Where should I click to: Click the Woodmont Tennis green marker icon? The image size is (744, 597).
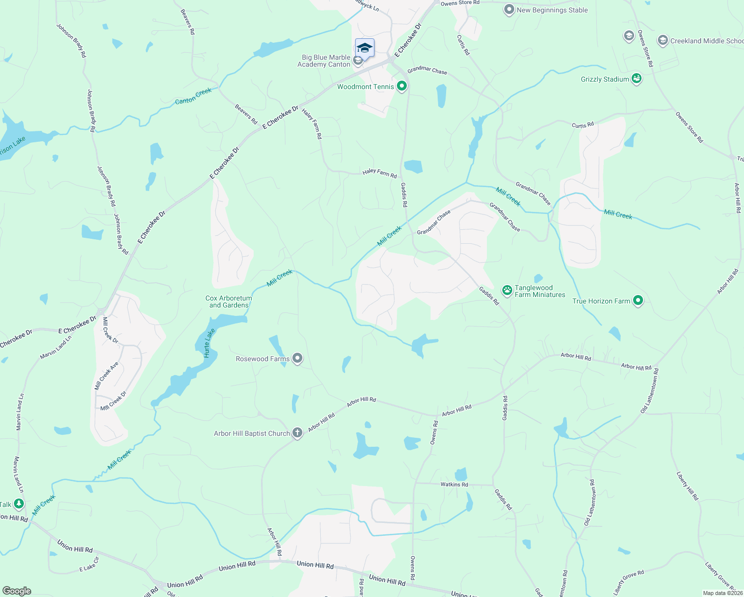tap(402, 87)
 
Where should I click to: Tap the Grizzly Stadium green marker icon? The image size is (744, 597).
tap(636, 79)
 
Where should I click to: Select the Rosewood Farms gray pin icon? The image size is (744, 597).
tap(297, 358)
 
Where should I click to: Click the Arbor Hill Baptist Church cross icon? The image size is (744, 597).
tap(297, 433)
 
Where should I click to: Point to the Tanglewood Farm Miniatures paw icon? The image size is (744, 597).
tap(507, 291)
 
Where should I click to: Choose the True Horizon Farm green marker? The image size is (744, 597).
tap(638, 300)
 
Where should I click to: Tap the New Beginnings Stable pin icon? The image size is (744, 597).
tap(509, 10)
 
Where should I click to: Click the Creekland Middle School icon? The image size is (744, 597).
tap(662, 41)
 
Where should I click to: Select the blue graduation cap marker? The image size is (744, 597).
tap(365, 48)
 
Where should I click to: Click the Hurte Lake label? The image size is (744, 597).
tap(209, 343)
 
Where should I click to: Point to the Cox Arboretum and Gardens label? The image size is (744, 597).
tap(229, 302)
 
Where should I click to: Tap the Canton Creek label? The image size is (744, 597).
tap(193, 96)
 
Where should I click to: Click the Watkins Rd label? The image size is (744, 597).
tap(454, 484)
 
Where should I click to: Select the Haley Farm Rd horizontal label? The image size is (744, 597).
tap(379, 173)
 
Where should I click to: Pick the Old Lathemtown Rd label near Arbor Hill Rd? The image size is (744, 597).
tap(650, 391)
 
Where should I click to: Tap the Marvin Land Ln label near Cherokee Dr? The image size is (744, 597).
tap(56, 347)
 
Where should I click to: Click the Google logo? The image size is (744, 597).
tap(16, 591)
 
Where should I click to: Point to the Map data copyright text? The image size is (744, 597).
tap(722, 593)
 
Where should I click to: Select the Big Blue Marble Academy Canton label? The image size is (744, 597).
tap(324, 61)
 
